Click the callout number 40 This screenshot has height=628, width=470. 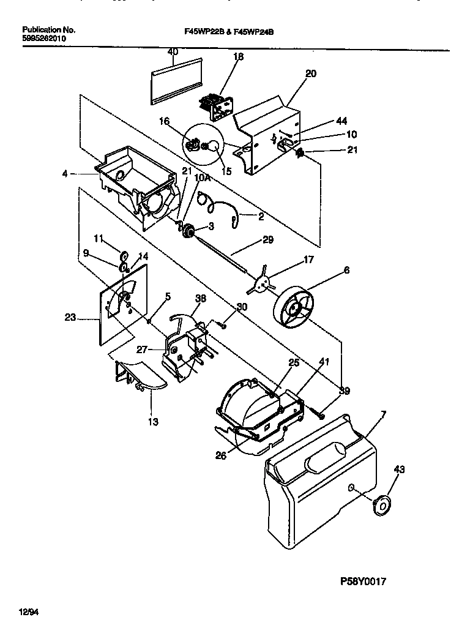(x=173, y=52)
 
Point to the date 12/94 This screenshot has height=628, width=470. (x=28, y=611)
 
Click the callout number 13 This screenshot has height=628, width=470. (x=152, y=422)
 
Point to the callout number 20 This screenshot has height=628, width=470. (x=310, y=73)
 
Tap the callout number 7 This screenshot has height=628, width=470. (x=383, y=416)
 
